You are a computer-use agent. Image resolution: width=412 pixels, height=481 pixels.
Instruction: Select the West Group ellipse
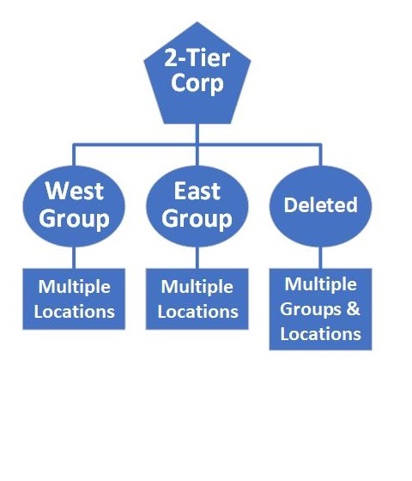[75, 204]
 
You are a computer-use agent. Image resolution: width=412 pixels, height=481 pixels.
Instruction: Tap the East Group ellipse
[197, 204]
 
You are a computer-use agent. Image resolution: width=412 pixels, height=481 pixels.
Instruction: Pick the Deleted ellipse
[320, 205]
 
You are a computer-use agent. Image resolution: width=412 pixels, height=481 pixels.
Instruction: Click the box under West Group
[74, 298]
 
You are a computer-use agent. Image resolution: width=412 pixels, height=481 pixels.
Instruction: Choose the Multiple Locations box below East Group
[197, 298]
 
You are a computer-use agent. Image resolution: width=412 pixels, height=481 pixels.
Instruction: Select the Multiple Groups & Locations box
[320, 308]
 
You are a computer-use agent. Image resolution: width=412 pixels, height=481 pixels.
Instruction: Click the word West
[75, 189]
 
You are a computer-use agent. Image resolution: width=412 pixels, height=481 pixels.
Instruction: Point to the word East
[197, 189]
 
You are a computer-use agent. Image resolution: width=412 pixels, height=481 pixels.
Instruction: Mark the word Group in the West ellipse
[75, 218]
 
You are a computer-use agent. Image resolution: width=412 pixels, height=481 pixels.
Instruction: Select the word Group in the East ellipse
[197, 218]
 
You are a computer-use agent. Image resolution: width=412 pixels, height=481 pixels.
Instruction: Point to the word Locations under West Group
[74, 310]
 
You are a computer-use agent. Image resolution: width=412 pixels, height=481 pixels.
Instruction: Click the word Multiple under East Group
[197, 286]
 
